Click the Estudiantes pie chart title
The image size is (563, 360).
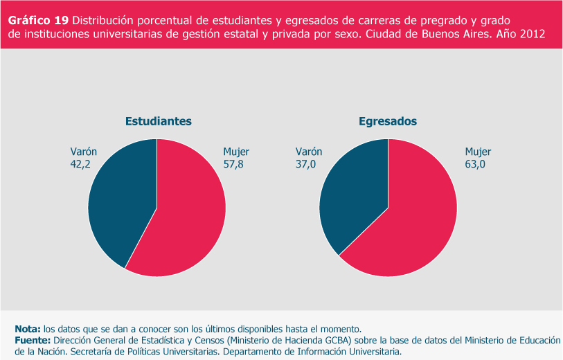click(158, 121)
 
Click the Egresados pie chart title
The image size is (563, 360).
click(388, 121)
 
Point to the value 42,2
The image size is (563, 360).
click(82, 164)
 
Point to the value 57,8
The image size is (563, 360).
click(233, 164)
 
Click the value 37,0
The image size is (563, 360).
click(306, 164)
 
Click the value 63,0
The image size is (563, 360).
click(476, 164)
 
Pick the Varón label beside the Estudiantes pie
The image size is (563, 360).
click(84, 152)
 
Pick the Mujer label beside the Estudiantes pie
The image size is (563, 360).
click(236, 152)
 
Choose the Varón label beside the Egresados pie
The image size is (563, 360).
click(309, 152)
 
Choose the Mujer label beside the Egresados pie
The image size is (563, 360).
click(478, 152)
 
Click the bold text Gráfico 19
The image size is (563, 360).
click(37, 19)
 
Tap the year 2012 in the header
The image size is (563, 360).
click(530, 33)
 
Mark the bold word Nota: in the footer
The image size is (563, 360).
click(27, 328)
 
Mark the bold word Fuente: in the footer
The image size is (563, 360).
click(32, 340)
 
